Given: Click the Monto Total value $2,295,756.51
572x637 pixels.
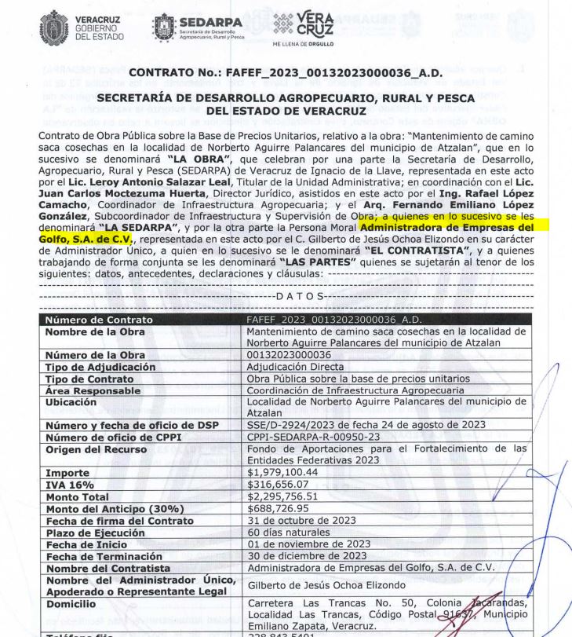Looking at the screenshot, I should coord(284,497).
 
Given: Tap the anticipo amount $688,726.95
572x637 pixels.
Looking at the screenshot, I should coord(279,509).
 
